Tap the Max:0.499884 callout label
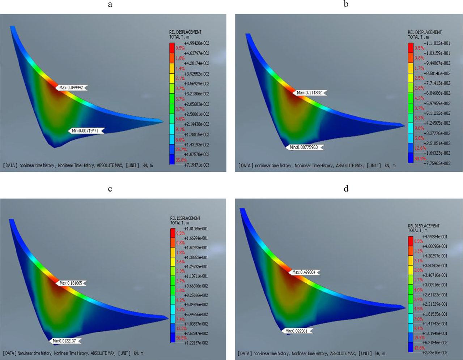[306, 272]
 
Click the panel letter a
[110, 5]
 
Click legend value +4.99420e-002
[196, 43]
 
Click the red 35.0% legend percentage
[181, 160]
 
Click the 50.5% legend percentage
[181, 338]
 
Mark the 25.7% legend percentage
[181, 149]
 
